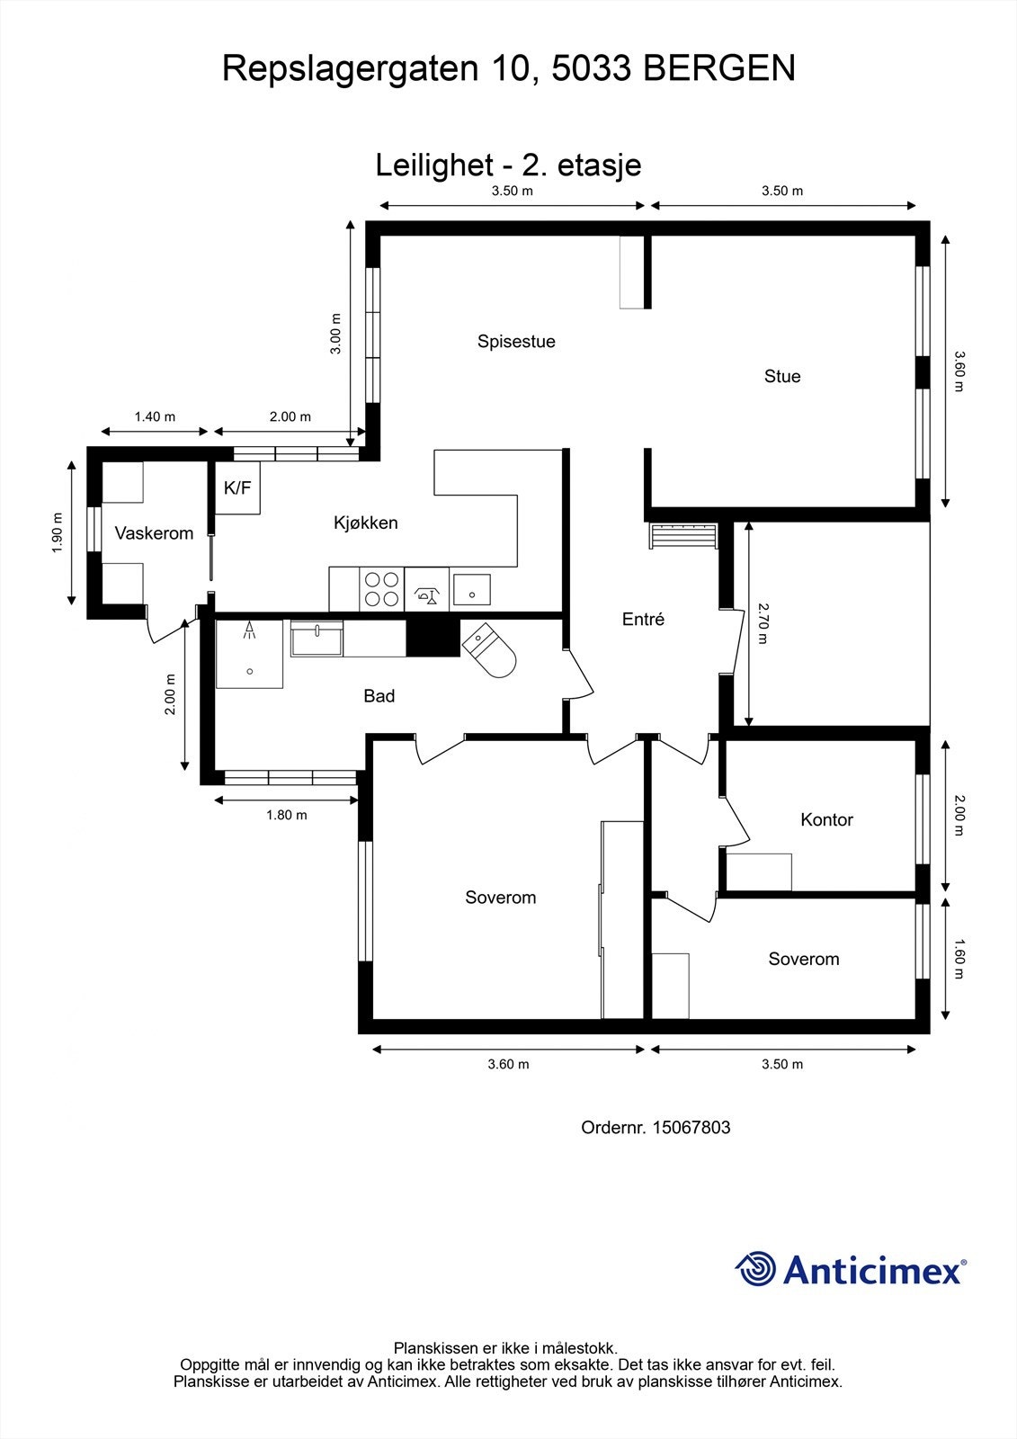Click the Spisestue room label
click(516, 342)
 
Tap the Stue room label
click(781, 376)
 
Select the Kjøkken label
click(365, 523)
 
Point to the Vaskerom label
click(154, 533)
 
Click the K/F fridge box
click(237, 488)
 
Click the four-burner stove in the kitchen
click(380, 589)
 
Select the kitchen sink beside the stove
click(471, 589)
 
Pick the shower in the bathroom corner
click(250, 652)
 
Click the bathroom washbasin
click(317, 639)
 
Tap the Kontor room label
click(826, 819)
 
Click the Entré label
click(643, 619)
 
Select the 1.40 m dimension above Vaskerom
click(155, 416)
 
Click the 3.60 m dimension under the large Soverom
click(508, 1064)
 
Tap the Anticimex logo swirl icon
click(756, 1269)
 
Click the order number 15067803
click(691, 1127)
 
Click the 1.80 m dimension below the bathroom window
click(287, 815)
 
